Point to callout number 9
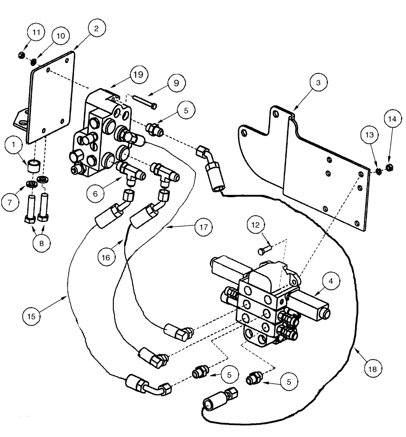pyautogui.click(x=175, y=82)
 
